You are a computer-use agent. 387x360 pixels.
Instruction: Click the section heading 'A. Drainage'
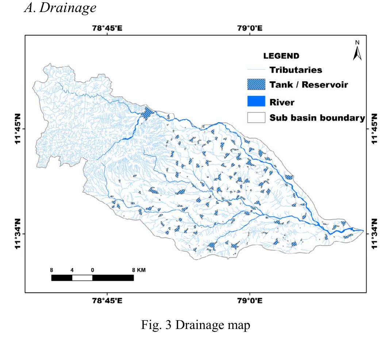pos(60,8)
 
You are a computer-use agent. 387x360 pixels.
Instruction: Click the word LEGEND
pos(281,56)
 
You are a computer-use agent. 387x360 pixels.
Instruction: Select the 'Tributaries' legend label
pos(296,70)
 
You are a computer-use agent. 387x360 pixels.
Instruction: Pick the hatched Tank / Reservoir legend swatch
pos(256,85)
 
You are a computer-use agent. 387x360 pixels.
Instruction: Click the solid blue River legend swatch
pos(256,101)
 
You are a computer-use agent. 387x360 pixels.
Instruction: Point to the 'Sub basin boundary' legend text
pos(317,118)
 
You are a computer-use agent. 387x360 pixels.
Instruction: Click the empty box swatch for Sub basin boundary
pos(256,118)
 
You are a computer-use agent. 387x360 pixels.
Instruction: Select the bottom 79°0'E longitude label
pos(250,301)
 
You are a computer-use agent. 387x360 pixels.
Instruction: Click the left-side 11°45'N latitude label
pos(17,129)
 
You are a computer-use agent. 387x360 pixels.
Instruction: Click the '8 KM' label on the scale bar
pos(139,270)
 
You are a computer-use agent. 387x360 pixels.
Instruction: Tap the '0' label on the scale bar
pos(92,270)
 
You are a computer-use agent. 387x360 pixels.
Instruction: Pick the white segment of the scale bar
pos(82,278)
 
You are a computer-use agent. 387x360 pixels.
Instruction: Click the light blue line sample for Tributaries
pos(256,70)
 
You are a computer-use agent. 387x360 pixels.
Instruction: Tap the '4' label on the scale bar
pos(72,270)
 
